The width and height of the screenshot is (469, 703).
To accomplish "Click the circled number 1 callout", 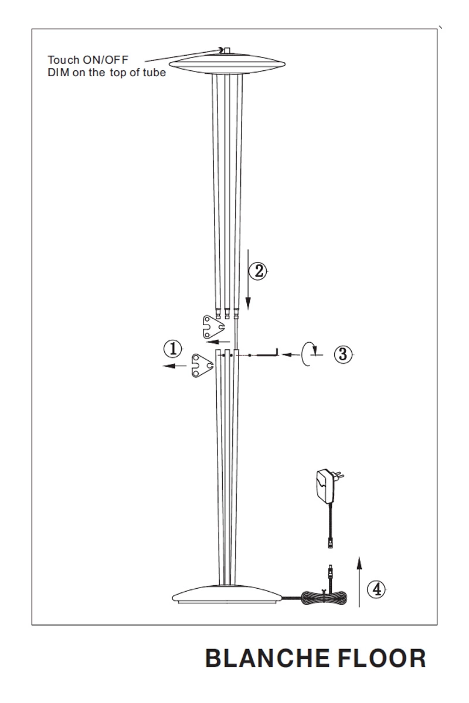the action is click(173, 349).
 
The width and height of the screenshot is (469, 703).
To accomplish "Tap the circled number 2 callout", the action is click(258, 271).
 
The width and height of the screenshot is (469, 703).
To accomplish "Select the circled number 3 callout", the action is click(343, 354).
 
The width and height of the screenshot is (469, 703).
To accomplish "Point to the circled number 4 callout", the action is click(376, 589).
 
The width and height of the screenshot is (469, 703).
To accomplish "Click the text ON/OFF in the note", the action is click(106, 60).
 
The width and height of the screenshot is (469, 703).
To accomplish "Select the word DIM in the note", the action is click(59, 73).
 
